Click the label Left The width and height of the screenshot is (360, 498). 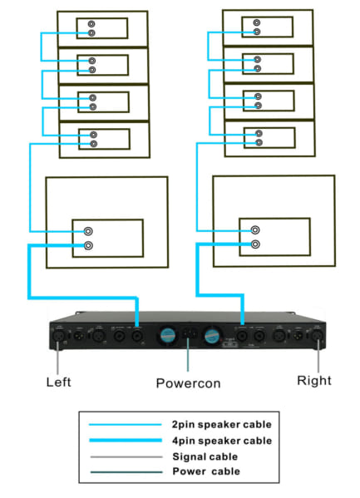pyautogui.click(x=57, y=382)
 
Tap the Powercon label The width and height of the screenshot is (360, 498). pyautogui.click(x=188, y=383)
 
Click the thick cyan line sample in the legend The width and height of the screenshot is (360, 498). pyautogui.click(x=126, y=440)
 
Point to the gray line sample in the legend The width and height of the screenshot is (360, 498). pyautogui.click(x=126, y=456)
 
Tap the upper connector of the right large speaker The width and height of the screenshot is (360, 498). pyautogui.click(x=255, y=232)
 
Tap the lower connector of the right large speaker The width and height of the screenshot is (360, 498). pyautogui.click(x=255, y=244)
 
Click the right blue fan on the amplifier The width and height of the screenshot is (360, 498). pyautogui.click(x=212, y=335)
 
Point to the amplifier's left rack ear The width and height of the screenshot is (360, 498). pyautogui.click(x=55, y=335)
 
